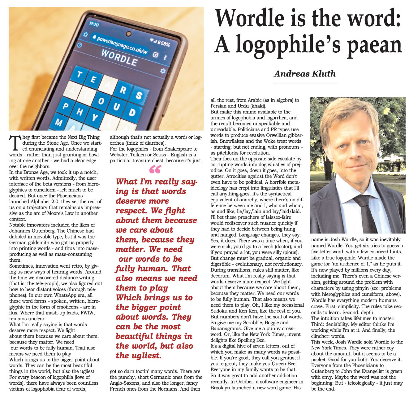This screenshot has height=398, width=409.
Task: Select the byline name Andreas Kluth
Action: coord(304,74)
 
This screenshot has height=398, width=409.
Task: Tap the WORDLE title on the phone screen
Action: coord(119,57)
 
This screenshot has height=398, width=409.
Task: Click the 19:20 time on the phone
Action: coord(94,24)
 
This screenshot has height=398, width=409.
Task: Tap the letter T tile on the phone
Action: coord(80,74)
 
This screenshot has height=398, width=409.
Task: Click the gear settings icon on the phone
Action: coord(163,71)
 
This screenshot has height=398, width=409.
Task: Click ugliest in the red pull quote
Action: coord(145,356)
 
